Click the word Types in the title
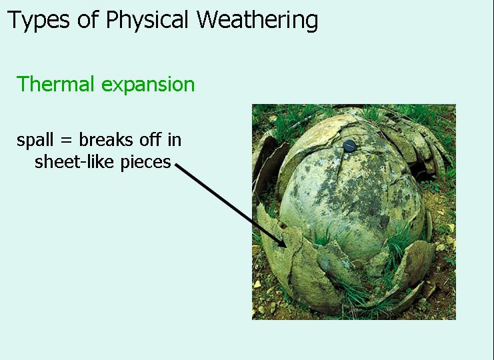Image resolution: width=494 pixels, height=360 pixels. [38, 20]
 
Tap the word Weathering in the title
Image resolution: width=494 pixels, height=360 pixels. [257, 20]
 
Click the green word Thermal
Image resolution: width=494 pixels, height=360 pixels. [55, 84]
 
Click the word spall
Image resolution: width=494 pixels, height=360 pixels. [35, 140]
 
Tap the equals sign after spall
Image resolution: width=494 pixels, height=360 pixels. [66, 141]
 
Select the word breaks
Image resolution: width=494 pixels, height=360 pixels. [106, 139]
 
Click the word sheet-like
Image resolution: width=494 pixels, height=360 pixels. [74, 162]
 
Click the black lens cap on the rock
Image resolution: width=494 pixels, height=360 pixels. [349, 146]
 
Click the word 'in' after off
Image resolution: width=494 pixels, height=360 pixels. [175, 140]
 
